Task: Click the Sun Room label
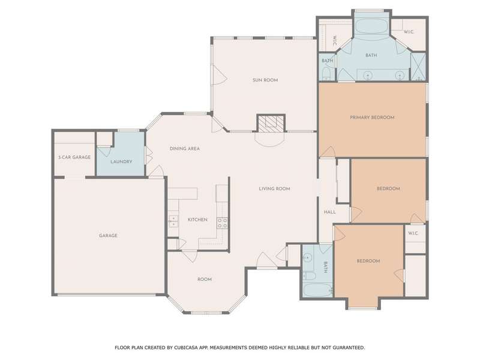click(265, 80)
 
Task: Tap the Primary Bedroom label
click(372, 117)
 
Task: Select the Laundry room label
click(121, 161)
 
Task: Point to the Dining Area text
click(185, 148)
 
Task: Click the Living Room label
click(274, 188)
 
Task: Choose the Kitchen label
click(197, 220)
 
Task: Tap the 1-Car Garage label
click(74, 157)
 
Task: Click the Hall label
click(329, 212)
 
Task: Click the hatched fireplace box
click(271, 123)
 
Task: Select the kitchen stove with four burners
click(222, 223)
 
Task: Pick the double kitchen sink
click(173, 221)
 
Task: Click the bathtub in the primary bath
click(371, 26)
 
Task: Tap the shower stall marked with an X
click(418, 67)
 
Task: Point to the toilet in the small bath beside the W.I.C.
click(326, 74)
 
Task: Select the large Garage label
click(108, 235)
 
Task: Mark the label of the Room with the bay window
click(205, 279)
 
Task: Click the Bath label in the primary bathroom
click(371, 55)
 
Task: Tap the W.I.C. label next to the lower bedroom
click(413, 233)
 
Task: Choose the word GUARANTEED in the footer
click(349, 347)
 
